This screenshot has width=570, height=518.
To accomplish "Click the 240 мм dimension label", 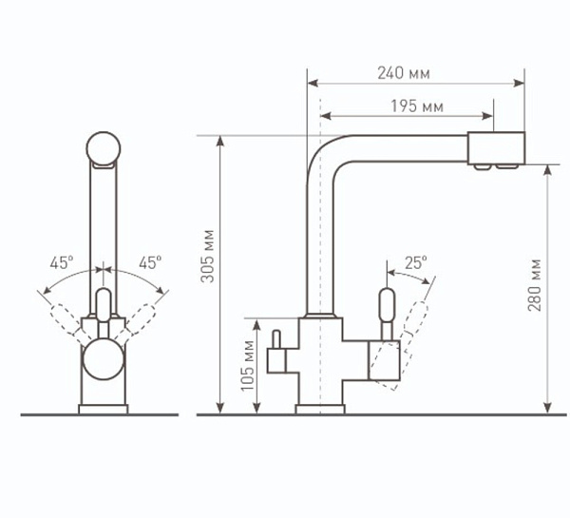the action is tap(404, 73).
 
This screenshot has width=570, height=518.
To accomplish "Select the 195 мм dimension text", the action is tap(417, 106).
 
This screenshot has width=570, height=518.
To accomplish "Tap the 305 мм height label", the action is tap(209, 256).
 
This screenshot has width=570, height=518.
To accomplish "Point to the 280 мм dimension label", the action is tap(535, 285).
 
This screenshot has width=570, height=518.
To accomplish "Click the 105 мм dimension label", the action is tap(248, 366).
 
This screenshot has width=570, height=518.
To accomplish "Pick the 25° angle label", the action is tap(416, 262).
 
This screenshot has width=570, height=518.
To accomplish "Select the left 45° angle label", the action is tap(62, 262).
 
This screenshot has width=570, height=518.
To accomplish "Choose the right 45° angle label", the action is tap(150, 262).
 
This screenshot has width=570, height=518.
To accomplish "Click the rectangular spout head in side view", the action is tap(496, 148).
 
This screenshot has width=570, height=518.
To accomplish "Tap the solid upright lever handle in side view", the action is tap(387, 314).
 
